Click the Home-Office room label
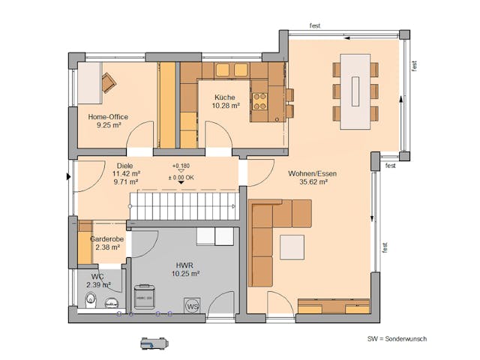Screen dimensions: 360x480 (x=108, y=117)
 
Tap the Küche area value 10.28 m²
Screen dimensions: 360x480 (x=225, y=106)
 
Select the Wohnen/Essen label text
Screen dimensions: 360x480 (x=312, y=173)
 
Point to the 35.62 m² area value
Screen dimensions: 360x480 (x=312, y=182)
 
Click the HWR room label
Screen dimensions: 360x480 (x=184, y=265)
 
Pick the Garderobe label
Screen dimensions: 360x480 (x=106, y=238)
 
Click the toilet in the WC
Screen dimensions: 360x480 (x=91, y=301)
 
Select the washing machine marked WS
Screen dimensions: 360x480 (x=192, y=306)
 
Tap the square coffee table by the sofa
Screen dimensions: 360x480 (x=292, y=247)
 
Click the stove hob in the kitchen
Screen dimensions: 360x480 (x=259, y=101)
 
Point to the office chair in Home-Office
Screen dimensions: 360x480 (x=109, y=82)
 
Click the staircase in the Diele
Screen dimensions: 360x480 (x=184, y=205)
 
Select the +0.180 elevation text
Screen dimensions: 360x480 (x=181, y=165)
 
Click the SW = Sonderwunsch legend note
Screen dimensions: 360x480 (x=397, y=339)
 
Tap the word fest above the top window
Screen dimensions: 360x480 (x=315, y=25)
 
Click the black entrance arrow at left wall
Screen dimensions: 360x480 (x=69, y=177)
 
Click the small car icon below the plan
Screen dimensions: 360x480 (x=154, y=343)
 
